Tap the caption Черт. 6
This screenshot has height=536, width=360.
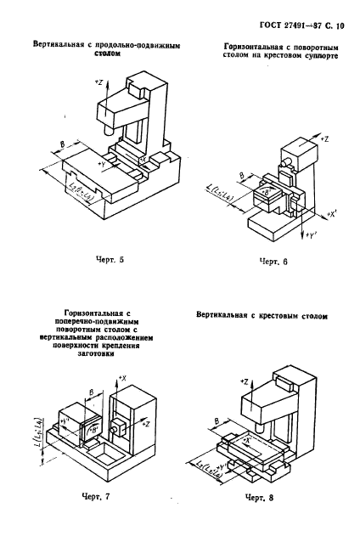click(273, 262)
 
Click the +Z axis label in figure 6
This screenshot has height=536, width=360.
click(327, 137)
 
